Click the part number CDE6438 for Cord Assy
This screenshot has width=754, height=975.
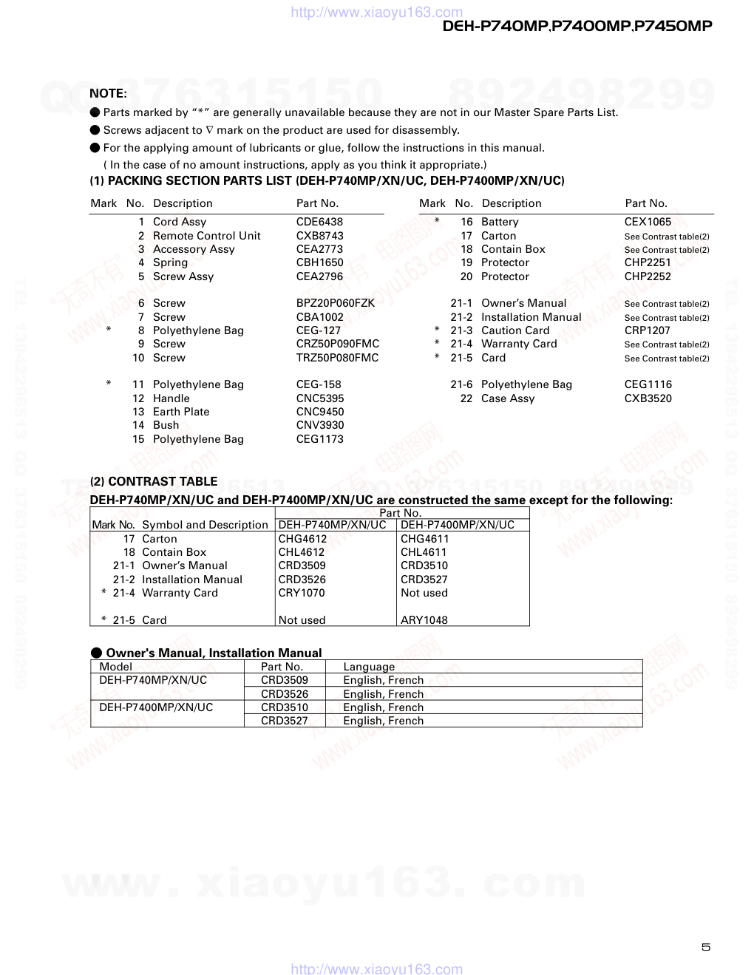point(319,222)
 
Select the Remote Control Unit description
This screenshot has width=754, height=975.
point(206,236)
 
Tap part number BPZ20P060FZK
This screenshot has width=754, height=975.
point(336,303)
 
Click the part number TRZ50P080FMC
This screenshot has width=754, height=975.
point(337,358)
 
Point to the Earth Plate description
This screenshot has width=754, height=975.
point(181,412)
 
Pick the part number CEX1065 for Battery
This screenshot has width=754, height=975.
point(648,222)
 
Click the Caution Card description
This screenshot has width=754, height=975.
point(515,330)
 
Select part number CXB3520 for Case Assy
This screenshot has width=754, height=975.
point(648,398)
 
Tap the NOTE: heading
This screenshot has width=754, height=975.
point(108,93)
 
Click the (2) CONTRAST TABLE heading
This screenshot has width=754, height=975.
point(154,481)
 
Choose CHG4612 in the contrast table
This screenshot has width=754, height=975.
point(302,539)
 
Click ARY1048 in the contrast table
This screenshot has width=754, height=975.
point(424,620)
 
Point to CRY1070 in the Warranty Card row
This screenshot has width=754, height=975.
point(302,593)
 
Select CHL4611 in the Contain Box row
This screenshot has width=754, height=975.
point(424,552)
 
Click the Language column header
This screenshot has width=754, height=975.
point(369,667)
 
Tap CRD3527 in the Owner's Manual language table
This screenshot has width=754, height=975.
point(285,721)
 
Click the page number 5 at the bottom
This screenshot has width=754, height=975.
point(706,947)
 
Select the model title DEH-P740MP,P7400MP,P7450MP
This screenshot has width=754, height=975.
point(577,27)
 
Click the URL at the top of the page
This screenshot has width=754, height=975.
point(377,12)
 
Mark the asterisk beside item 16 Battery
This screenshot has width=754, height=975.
point(437,221)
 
